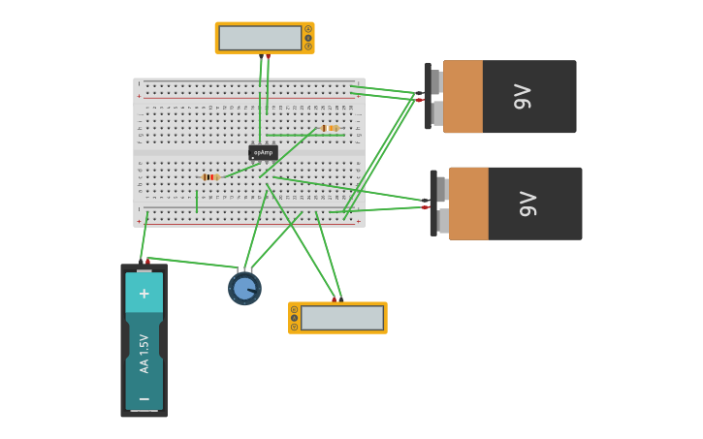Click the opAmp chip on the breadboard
click(x=263, y=152)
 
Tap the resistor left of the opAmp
click(x=210, y=177)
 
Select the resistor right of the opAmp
click(x=330, y=128)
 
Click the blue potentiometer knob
click(x=244, y=289)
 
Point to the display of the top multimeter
click(x=260, y=38)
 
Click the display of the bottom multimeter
click(x=342, y=318)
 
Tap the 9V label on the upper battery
click(x=523, y=97)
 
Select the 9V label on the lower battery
click(x=528, y=204)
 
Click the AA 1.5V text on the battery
click(x=144, y=354)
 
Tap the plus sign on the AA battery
click(x=144, y=294)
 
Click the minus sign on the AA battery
click(x=144, y=398)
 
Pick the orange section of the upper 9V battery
click(x=463, y=97)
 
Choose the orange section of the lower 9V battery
click(x=468, y=204)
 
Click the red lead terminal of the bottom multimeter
click(x=334, y=300)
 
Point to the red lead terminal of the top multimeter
click(x=268, y=55)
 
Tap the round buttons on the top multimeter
click(x=308, y=38)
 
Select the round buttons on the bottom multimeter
click(x=294, y=318)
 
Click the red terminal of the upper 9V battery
click(x=420, y=100)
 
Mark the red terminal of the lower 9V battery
click(x=426, y=206)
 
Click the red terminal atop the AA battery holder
click(x=147, y=261)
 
